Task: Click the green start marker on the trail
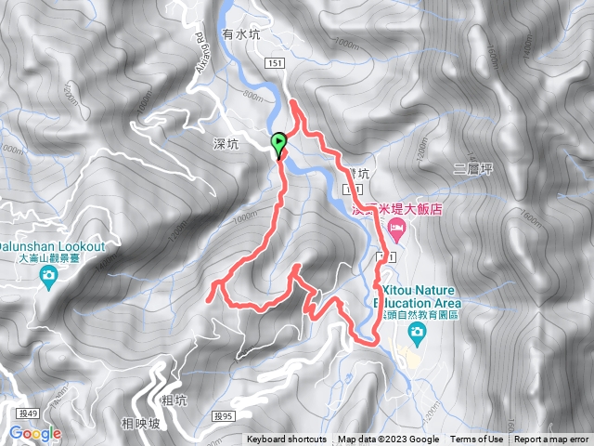pyautogui.click(x=278, y=143)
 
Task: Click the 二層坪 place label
pyautogui.click(x=471, y=168)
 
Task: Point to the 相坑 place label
pyautogui.click(x=174, y=401)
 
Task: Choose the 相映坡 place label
pyautogui.click(x=140, y=424)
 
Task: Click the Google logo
pyautogui.click(x=35, y=433)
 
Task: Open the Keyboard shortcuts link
pyautogui.click(x=287, y=439)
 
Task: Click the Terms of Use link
pyautogui.click(x=477, y=439)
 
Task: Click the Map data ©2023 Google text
pyautogui.click(x=388, y=439)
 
